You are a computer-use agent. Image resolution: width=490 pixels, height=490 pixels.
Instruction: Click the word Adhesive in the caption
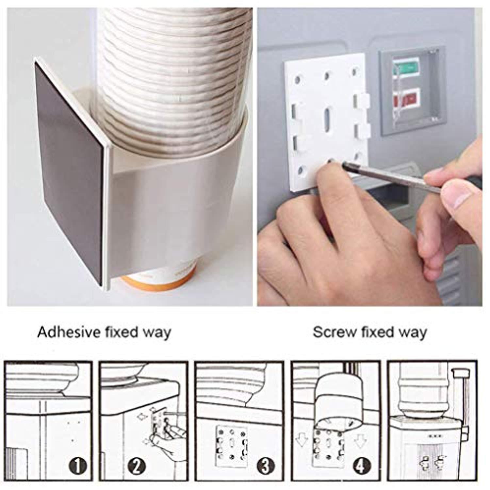click(x=69, y=332)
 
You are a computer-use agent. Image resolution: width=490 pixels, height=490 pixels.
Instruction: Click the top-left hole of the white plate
click(x=298, y=79)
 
